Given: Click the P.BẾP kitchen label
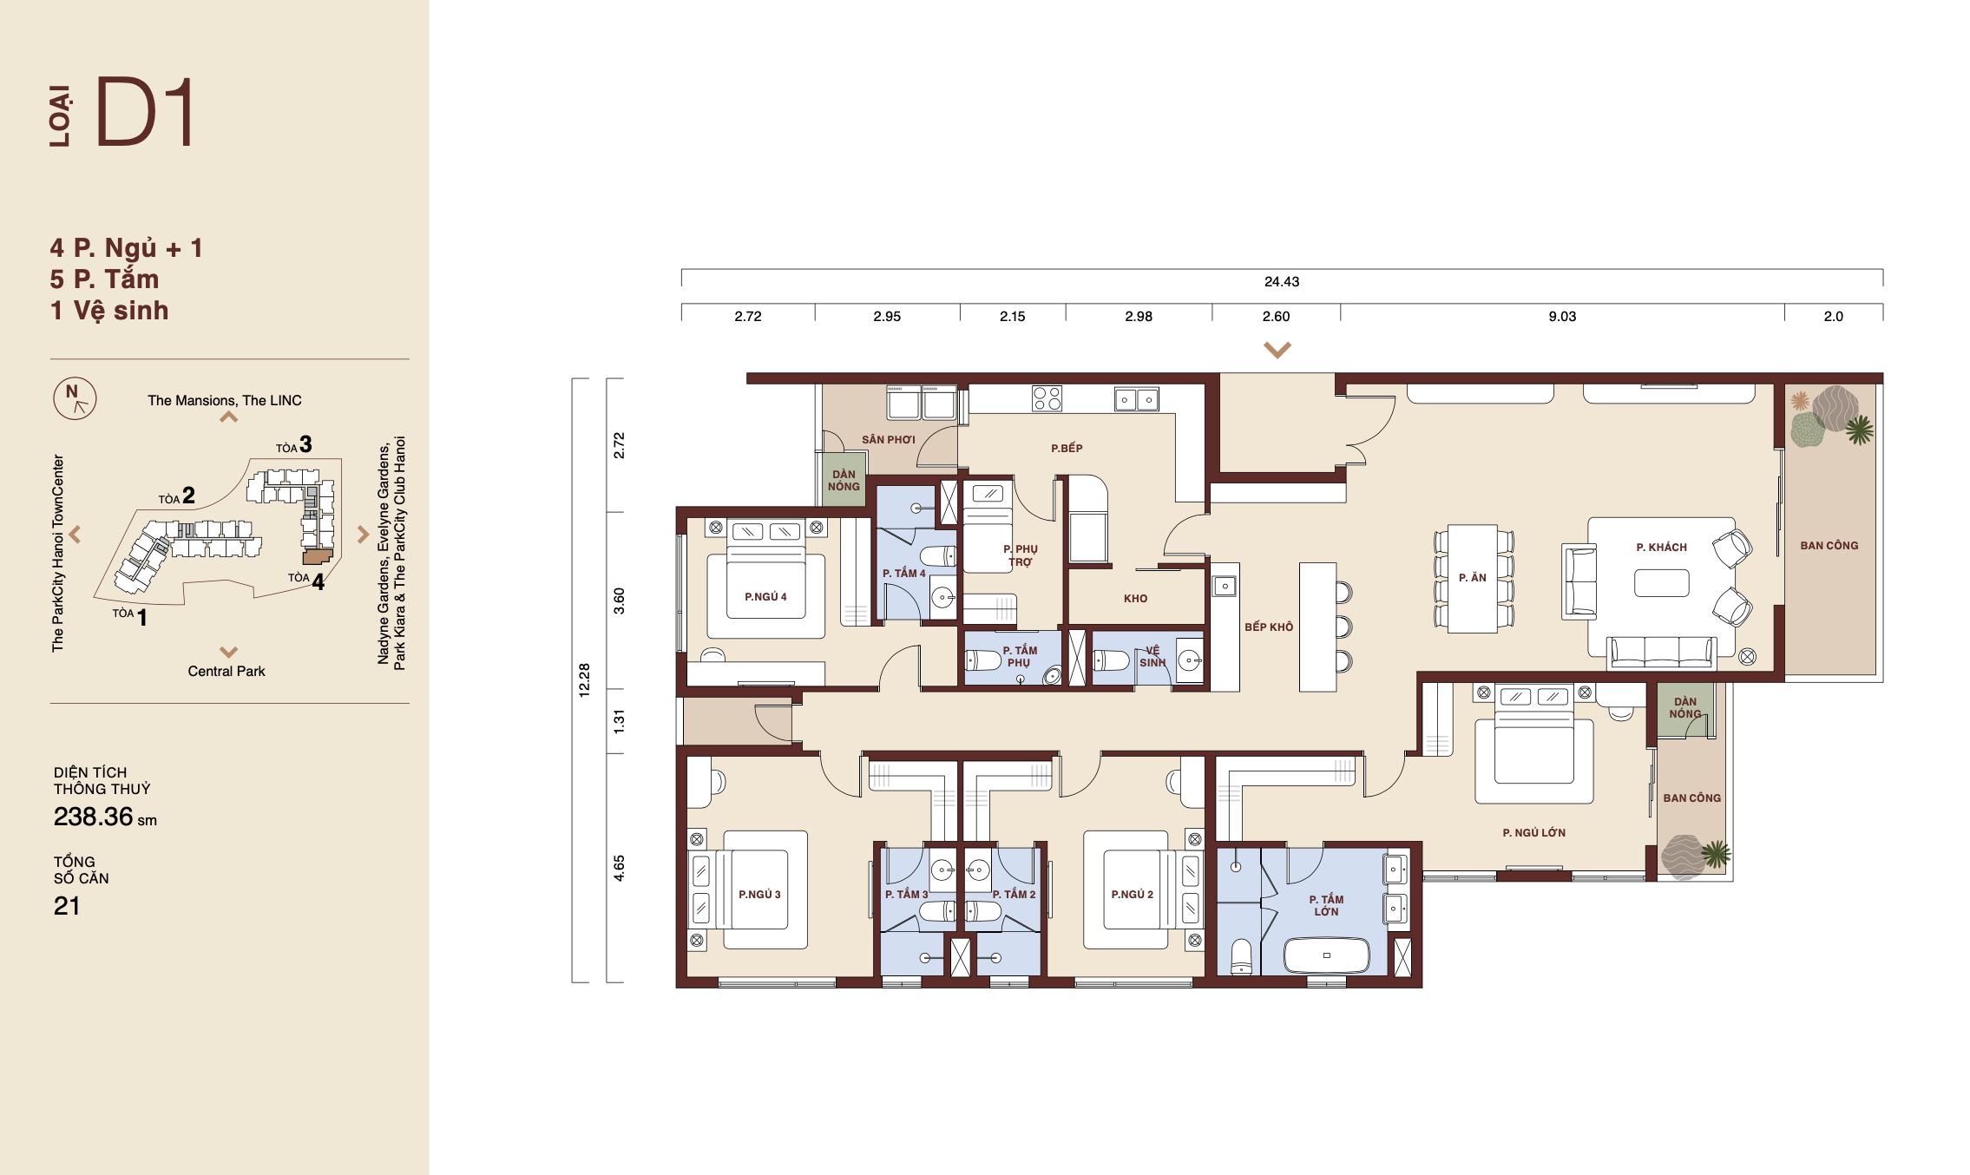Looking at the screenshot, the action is click(1067, 448).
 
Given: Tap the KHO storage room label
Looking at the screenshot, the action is click(1135, 598).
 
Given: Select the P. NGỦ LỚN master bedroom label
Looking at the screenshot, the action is click(1533, 832).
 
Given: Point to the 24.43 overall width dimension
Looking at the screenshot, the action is click(1282, 281).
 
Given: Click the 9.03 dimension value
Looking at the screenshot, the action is click(1562, 316).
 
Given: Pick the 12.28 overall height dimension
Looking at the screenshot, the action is click(584, 680).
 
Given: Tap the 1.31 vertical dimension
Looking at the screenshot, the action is click(619, 721).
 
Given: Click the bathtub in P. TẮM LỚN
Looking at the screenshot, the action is click(1326, 955).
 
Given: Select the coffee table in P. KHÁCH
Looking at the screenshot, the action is click(1661, 582).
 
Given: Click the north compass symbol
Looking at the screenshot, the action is click(75, 398).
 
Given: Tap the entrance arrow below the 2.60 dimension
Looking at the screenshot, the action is click(1277, 350).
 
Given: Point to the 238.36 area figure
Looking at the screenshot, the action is click(94, 817).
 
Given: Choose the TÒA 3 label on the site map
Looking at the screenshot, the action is click(294, 445).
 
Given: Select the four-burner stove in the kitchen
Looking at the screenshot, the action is click(1047, 398).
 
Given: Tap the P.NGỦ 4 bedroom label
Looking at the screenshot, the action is click(765, 596).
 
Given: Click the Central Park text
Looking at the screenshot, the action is click(227, 671).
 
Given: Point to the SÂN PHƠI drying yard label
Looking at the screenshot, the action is click(889, 440).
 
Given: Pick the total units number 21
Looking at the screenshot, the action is click(67, 906).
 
